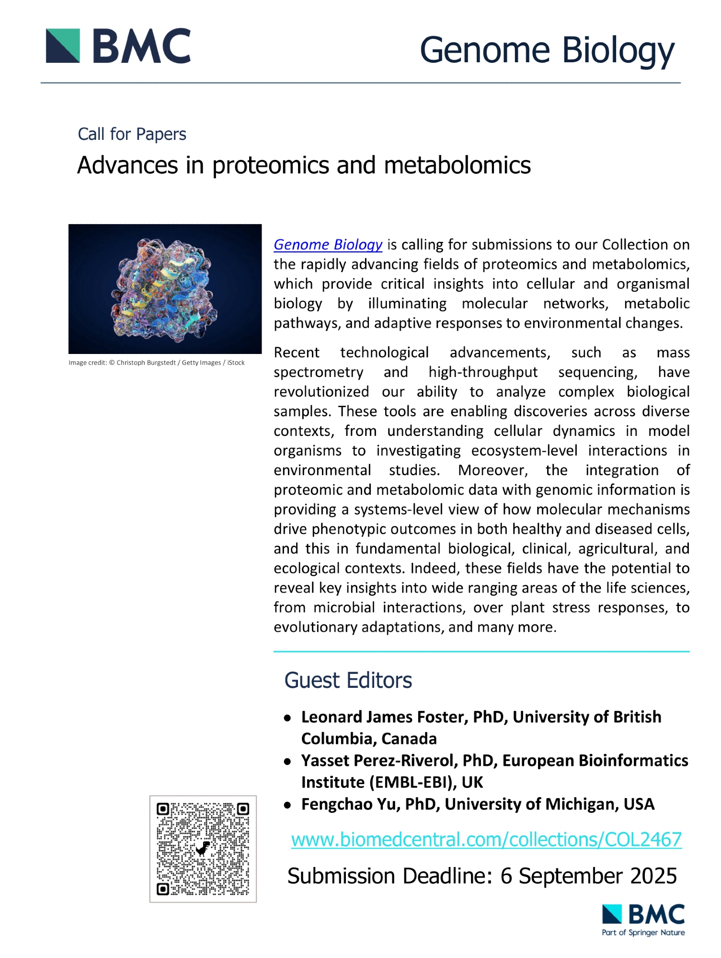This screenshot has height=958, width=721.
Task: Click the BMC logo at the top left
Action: (x=118, y=46)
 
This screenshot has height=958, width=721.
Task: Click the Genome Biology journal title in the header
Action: (x=547, y=50)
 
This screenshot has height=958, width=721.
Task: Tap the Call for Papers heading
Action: (x=132, y=134)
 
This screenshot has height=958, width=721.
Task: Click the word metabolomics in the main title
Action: (x=457, y=165)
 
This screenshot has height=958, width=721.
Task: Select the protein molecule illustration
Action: (x=165, y=289)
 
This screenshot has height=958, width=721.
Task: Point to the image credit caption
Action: (x=156, y=363)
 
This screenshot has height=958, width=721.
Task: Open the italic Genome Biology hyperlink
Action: (x=328, y=244)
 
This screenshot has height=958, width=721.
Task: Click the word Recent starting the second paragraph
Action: (x=296, y=353)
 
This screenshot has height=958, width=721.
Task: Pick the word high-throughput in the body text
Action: (x=483, y=372)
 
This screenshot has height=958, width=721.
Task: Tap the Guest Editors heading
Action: (x=348, y=680)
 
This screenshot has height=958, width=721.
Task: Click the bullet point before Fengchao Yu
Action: (x=287, y=805)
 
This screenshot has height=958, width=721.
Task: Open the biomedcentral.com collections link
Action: (x=486, y=839)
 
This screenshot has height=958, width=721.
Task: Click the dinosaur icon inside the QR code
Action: (x=204, y=848)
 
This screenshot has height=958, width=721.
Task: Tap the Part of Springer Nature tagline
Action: (x=643, y=933)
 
